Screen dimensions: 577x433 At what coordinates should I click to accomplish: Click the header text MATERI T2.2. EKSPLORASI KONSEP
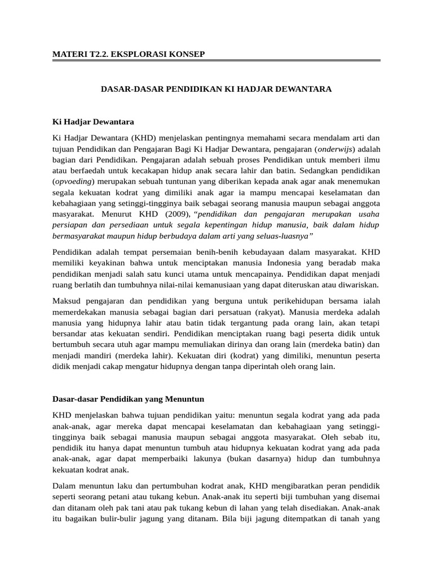pos(128,54)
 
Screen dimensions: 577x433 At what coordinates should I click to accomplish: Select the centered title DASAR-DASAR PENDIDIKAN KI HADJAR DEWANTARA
pos(216,89)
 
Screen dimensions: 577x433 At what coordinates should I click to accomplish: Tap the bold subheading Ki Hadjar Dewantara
pos(93,121)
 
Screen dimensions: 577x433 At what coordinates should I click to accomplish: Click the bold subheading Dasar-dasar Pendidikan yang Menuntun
pos(128,399)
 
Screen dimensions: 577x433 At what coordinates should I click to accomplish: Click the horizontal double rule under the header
pos(216,60)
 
